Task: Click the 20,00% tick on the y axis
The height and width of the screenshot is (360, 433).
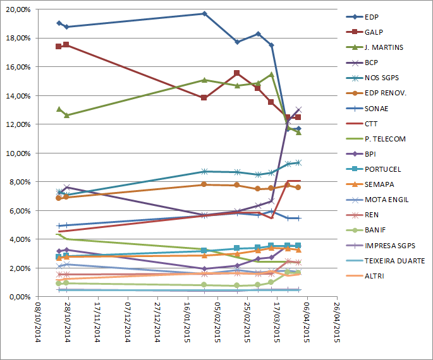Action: point(18,9)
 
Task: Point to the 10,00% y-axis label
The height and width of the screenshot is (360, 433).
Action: point(18,153)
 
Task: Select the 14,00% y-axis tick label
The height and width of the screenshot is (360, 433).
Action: point(18,95)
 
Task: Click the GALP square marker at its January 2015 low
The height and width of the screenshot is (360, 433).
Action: point(204,98)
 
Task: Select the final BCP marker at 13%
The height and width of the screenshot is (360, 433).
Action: point(298,109)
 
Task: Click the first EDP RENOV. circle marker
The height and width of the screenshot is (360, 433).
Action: point(59,198)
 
